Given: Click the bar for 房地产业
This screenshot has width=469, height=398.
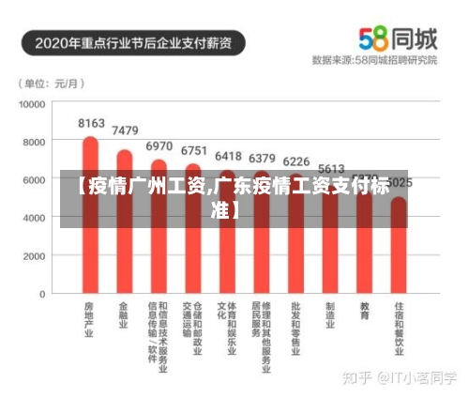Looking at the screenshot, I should [90, 225].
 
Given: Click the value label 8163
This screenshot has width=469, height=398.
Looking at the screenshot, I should [91, 123].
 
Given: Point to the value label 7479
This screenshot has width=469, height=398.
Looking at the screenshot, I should [125, 130].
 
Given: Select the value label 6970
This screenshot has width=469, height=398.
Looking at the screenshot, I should [159, 146].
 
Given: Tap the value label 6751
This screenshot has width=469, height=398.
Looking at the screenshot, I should [193, 150].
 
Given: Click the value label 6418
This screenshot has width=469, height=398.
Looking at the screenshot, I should [228, 157].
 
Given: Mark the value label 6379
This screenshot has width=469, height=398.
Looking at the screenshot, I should [262, 158].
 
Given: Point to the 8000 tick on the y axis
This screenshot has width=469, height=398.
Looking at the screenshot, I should [34, 142].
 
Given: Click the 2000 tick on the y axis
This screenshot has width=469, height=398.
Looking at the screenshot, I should [34, 256].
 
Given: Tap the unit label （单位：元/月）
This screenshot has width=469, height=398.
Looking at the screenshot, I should [50, 83].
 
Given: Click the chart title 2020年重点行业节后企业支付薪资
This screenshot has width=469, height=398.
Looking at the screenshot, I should [140, 42].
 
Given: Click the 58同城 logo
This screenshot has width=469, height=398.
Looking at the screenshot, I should [398, 38].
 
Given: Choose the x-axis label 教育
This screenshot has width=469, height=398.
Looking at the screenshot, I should [364, 311].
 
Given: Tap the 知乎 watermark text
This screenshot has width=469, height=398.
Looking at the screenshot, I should [357, 376].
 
